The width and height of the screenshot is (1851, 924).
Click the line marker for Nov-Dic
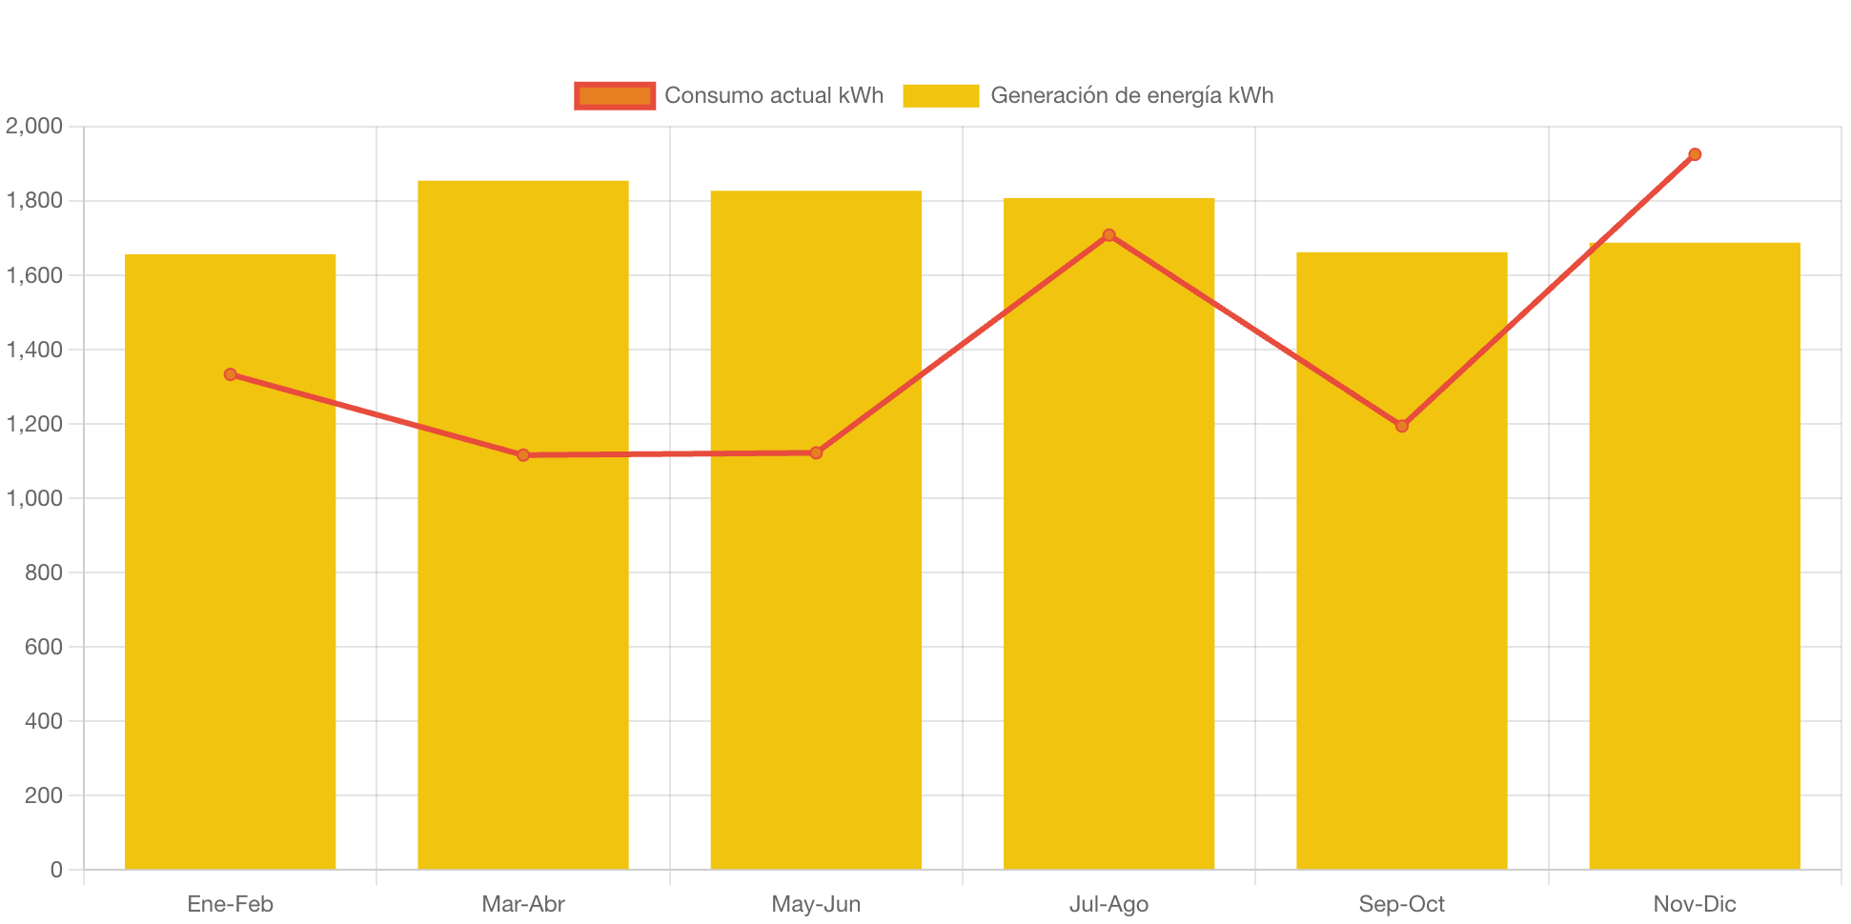click(1695, 154)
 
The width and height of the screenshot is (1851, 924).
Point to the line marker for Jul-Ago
click(1109, 235)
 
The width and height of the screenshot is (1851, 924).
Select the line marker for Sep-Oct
click(1401, 426)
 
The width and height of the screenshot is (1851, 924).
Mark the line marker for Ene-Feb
click(231, 374)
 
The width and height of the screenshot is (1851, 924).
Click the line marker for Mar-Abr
click(523, 455)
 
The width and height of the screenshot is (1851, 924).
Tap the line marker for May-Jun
click(816, 452)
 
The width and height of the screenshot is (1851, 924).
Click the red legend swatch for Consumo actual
click(615, 95)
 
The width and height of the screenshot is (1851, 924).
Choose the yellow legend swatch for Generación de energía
click(941, 95)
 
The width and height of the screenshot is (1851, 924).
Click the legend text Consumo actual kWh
click(774, 95)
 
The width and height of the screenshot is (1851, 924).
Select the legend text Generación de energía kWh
click(1131, 95)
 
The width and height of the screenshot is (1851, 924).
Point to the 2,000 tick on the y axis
click(34, 126)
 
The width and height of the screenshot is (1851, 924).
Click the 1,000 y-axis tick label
click(34, 498)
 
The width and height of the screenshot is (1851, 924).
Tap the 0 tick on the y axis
click(56, 870)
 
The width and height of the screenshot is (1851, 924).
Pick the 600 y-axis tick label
click(44, 647)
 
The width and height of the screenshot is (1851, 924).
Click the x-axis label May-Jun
click(816, 904)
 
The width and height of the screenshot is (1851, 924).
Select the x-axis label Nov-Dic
click(1695, 904)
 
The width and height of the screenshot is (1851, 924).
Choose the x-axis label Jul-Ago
click(1109, 904)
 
